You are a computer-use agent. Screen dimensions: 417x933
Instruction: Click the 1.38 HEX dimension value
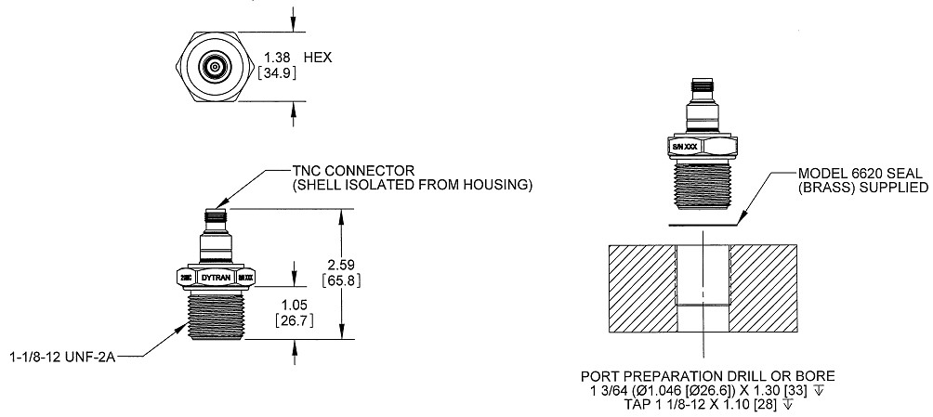276,57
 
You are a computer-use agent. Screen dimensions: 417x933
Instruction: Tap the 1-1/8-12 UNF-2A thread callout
63,355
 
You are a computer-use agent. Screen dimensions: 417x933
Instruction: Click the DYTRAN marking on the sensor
215,276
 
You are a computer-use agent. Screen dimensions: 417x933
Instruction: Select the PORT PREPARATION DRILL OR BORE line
707,376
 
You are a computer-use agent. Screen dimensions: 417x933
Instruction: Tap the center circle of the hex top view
215,67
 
